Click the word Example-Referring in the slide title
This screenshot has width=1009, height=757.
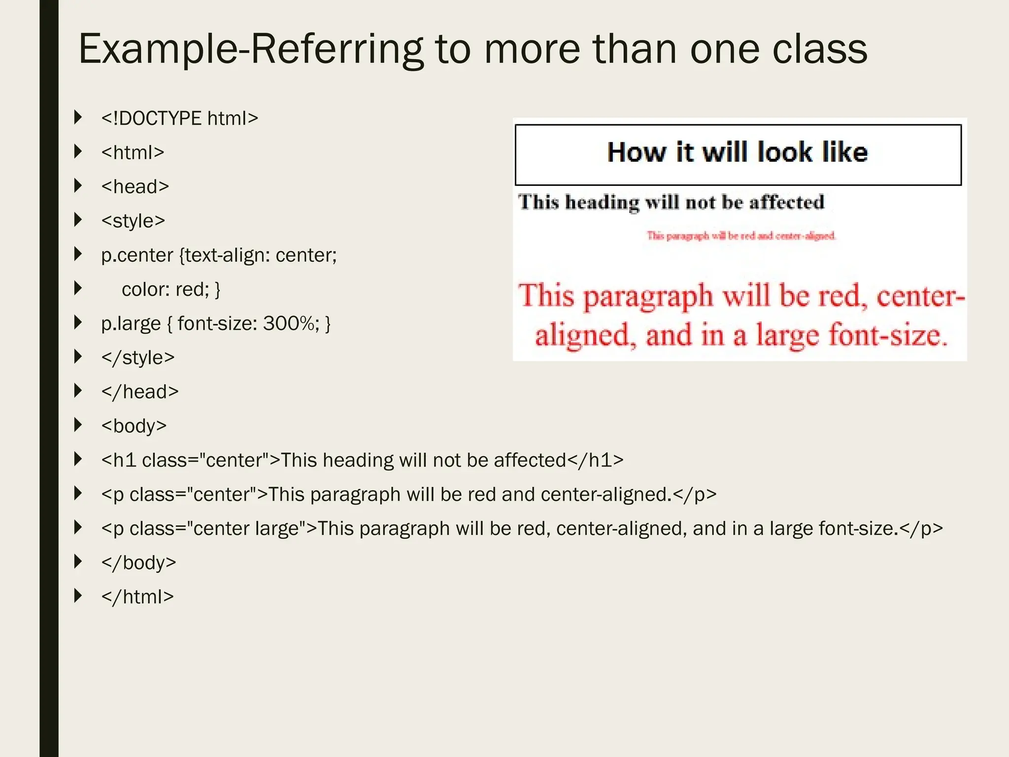point(250,50)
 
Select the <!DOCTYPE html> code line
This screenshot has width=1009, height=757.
point(179,119)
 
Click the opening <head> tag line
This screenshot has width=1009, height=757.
point(135,187)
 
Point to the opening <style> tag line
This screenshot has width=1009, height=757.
point(133,221)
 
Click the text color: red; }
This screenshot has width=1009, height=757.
point(170,289)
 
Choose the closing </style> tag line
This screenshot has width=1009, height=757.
point(138,358)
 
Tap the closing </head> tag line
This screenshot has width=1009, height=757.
point(140,392)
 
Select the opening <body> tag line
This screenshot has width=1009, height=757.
point(134,426)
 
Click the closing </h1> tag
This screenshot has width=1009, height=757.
point(595,460)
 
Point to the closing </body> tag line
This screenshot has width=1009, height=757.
point(138,562)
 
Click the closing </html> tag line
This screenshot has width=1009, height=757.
point(137,597)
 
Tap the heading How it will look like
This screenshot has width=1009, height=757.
point(737,152)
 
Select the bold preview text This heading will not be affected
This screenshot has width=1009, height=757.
point(671,203)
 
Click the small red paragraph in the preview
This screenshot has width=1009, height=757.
point(741,236)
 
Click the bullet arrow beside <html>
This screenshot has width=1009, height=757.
point(78,152)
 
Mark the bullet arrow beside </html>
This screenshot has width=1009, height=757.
point(78,596)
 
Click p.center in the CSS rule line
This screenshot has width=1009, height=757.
point(137,255)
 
